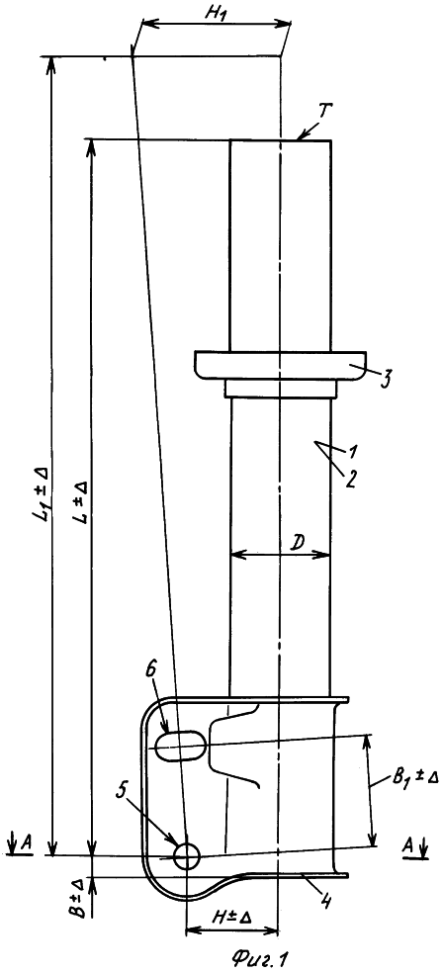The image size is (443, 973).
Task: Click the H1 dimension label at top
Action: coord(214,13)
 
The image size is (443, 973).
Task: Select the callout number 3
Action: coord(385,379)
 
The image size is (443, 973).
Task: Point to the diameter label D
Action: coord(299,542)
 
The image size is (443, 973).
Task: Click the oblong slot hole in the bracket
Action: coord(181,746)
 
